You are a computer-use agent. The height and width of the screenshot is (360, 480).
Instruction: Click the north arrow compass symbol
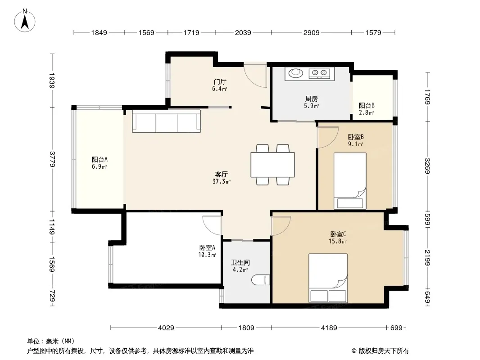[25, 20]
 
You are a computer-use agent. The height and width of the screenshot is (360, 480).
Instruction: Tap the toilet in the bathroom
[261, 280]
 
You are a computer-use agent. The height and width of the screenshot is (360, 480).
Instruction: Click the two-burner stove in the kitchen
[319, 73]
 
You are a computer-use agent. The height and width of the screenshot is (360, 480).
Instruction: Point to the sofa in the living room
[166, 121]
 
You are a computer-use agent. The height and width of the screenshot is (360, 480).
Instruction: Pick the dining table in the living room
[272, 165]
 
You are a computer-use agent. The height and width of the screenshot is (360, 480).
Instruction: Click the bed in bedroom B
[350, 181]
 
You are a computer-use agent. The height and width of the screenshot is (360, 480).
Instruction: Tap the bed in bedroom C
[328, 278]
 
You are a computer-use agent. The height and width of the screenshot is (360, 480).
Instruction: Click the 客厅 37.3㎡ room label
[222, 178]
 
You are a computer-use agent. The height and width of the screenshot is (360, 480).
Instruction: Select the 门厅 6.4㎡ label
[220, 85]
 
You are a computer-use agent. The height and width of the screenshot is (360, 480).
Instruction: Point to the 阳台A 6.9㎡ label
[100, 163]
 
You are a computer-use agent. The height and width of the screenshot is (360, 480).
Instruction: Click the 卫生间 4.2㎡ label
[240, 266]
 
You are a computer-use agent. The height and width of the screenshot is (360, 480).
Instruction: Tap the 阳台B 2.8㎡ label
[367, 109]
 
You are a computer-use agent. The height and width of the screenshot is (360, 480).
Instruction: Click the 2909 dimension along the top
[311, 32]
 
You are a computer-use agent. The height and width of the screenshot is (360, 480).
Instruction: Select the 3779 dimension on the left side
[52, 159]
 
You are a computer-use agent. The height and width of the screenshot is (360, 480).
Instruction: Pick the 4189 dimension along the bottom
[329, 328]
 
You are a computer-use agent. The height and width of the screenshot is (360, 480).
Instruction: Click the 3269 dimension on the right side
[428, 166]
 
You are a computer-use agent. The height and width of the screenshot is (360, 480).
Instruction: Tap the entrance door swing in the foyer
[256, 75]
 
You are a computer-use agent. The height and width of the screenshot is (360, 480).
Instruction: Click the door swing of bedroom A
[212, 225]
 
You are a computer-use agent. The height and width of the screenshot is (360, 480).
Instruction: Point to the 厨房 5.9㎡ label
[312, 102]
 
